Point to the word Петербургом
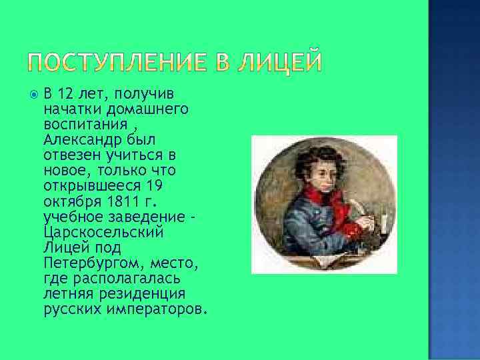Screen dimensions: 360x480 pyautogui.click(x=93, y=263)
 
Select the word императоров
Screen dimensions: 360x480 pyautogui.click(x=159, y=310)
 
